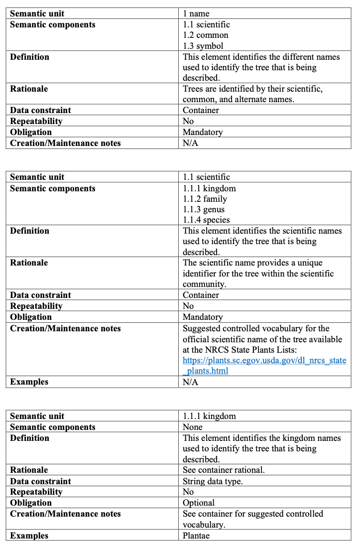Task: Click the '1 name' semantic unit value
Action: pyautogui.click(x=196, y=13)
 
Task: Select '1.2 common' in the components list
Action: pyautogui.click(x=206, y=35)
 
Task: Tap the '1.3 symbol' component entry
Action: pyautogui.click(x=203, y=46)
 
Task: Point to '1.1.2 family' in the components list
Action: pyautogui.click(x=205, y=199)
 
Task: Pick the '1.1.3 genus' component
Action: pyautogui.click(x=204, y=209)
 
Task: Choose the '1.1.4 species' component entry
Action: pyautogui.click(x=206, y=220)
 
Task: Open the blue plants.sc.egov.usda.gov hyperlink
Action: pyautogui.click(x=264, y=360)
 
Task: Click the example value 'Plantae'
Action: pyautogui.click(x=196, y=536)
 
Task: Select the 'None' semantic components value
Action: pyautogui.click(x=193, y=427)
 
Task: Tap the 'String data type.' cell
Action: pyautogui.click(x=213, y=481)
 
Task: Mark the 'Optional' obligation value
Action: pyautogui.click(x=199, y=503)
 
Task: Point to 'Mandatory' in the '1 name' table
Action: pyautogui.click(x=203, y=132)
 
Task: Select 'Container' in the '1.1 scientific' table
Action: pyautogui.click(x=201, y=295)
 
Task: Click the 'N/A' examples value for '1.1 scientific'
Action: pyautogui.click(x=190, y=382)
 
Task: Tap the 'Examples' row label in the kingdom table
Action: pyautogui.click(x=29, y=536)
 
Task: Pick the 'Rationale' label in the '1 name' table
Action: pyautogui.click(x=29, y=89)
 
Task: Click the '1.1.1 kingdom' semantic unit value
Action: pyautogui.click(x=209, y=416)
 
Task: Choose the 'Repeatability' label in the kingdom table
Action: pyautogui.click(x=36, y=492)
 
